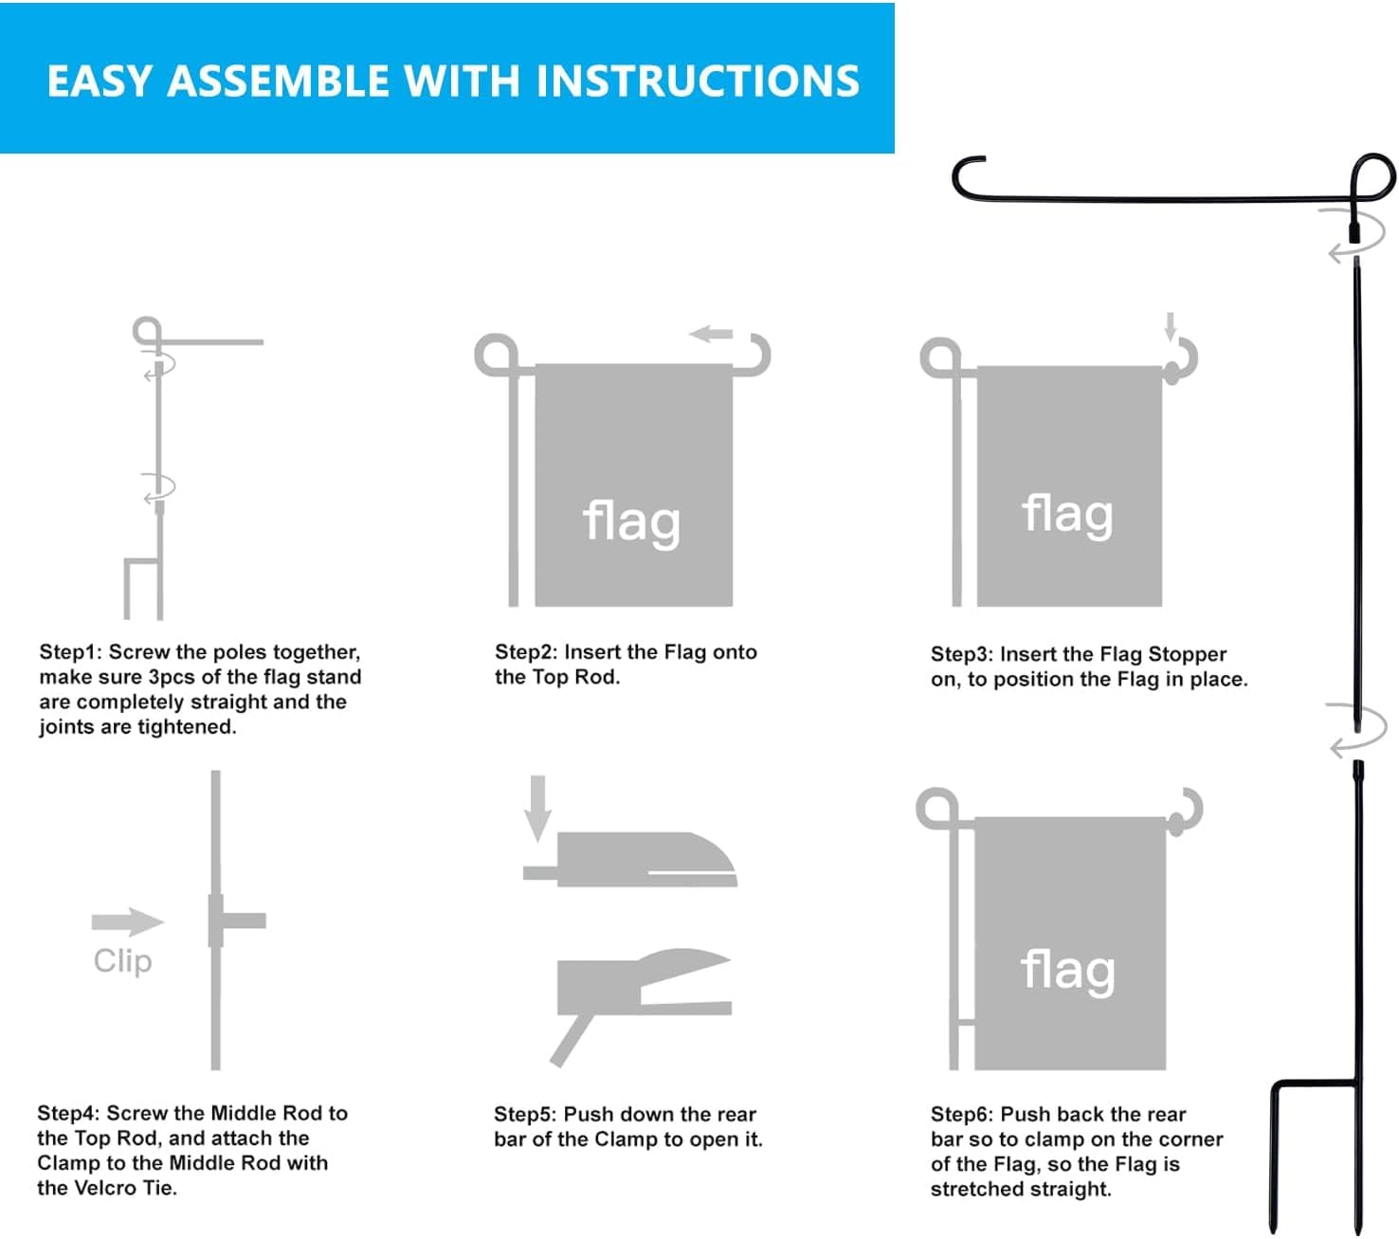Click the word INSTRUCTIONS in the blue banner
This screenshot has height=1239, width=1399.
pyautogui.click(x=698, y=82)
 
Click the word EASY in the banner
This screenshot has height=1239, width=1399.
pyautogui.click(x=99, y=82)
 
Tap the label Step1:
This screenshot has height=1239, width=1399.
pyautogui.click(x=71, y=652)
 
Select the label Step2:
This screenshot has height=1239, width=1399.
pyautogui.click(x=526, y=652)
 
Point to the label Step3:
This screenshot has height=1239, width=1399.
pyautogui.click(x=962, y=654)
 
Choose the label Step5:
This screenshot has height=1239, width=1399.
pyautogui.click(x=525, y=1115)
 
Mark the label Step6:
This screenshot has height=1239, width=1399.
pyautogui.click(x=962, y=1115)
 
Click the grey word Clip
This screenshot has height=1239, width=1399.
pyautogui.click(x=122, y=961)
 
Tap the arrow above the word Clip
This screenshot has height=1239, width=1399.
pyautogui.click(x=127, y=921)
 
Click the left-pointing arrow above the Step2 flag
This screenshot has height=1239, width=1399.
pyautogui.click(x=711, y=334)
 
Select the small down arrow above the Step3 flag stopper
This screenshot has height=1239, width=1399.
pyautogui.click(x=1171, y=325)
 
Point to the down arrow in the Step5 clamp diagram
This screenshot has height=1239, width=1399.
pyautogui.click(x=537, y=807)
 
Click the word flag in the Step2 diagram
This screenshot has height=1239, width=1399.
pyautogui.click(x=631, y=521)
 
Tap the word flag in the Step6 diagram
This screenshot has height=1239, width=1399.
pyautogui.click(x=1067, y=971)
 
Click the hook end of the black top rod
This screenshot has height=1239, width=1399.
pyautogui.click(x=967, y=176)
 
